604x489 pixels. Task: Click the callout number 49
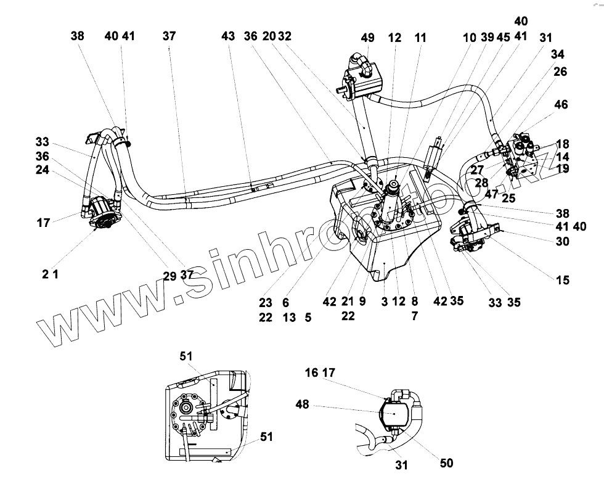point(367,38)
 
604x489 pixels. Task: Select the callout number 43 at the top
point(228,37)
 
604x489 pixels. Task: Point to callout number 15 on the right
point(562,281)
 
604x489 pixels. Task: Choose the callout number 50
point(447,463)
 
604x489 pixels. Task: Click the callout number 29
point(170,276)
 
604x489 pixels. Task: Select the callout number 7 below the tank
point(414,315)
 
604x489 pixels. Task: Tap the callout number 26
point(560,72)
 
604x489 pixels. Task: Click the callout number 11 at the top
point(420,38)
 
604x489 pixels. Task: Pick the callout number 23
point(266,302)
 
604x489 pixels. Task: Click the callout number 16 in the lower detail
point(312,372)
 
